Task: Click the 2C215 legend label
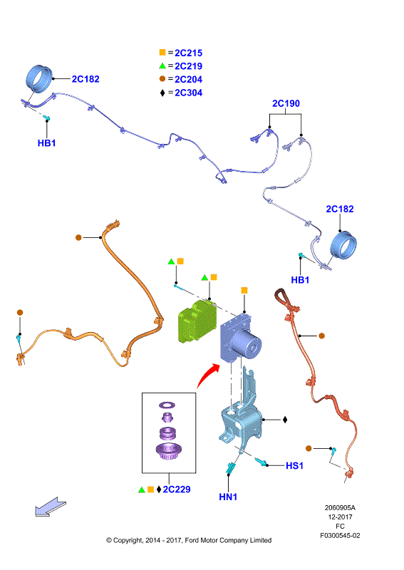tap(188, 53)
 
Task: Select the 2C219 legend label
tap(188, 66)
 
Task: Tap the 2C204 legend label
tap(188, 79)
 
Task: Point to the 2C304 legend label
tap(188, 93)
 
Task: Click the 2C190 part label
tap(286, 103)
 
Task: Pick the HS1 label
tap(294, 466)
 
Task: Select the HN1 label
tap(228, 497)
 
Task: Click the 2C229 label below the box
tap(177, 489)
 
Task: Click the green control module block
tap(197, 321)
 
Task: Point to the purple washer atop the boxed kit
tap(167, 405)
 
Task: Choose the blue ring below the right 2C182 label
tap(343, 244)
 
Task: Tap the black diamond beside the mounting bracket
tap(285, 420)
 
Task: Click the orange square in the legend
tap(162, 53)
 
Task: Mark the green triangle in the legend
tap(162, 66)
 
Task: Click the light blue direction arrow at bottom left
tap(51, 507)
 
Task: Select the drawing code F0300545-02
tap(340, 536)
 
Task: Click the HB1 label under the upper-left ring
tap(46, 143)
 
